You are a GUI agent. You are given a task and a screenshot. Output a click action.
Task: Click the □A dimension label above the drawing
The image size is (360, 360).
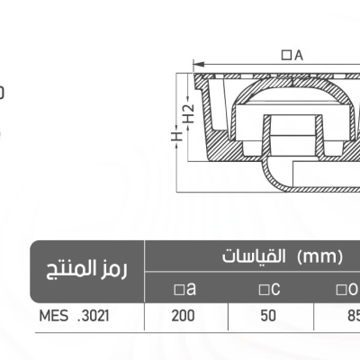[x=292, y=56]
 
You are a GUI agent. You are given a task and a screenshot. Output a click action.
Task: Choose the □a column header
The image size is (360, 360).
[x=186, y=289]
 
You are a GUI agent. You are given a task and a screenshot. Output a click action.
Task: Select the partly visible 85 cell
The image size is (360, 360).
[x=351, y=317]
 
